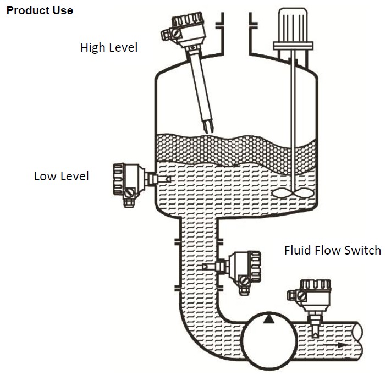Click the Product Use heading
(39, 10)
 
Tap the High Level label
(109, 48)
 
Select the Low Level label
(61, 177)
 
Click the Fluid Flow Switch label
(332, 251)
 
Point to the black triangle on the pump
(268, 319)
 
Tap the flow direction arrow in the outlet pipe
(341, 345)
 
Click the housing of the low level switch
(127, 179)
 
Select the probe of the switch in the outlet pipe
(315, 329)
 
